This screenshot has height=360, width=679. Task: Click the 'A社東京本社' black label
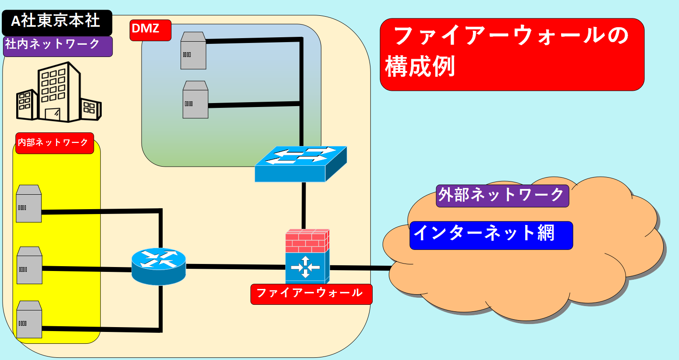click(x=57, y=22)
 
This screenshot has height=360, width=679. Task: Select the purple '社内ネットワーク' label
click(x=57, y=46)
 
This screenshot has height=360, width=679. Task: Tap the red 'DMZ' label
click(x=150, y=30)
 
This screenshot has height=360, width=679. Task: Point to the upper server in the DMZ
click(x=193, y=51)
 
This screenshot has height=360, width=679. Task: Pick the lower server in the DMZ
click(x=195, y=100)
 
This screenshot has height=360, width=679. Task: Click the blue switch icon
click(x=301, y=164)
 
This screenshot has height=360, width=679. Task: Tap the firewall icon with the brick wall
click(x=307, y=257)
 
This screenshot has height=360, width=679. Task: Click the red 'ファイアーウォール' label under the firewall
click(x=311, y=294)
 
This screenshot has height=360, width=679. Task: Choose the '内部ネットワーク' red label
click(x=54, y=143)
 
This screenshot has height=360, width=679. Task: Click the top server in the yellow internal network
click(x=28, y=204)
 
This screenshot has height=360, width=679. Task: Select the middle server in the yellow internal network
click(x=29, y=266)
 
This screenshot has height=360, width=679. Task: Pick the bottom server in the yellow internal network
click(x=29, y=320)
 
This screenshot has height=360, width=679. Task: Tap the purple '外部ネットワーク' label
click(x=502, y=196)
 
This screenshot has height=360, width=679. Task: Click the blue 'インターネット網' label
click(x=491, y=235)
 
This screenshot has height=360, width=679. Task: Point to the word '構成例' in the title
click(x=420, y=68)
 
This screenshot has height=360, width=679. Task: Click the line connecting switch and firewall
click(x=303, y=205)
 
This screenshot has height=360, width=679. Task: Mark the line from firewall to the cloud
click(x=359, y=267)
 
